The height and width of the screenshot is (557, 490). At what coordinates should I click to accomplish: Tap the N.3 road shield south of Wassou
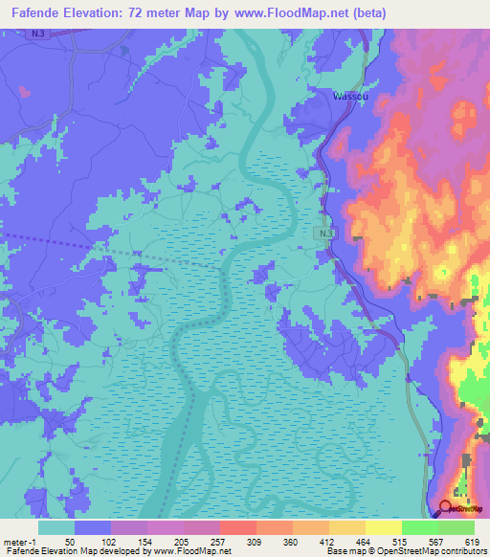[x=325, y=234]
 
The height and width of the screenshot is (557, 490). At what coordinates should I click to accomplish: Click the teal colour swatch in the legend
[x=56, y=527]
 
